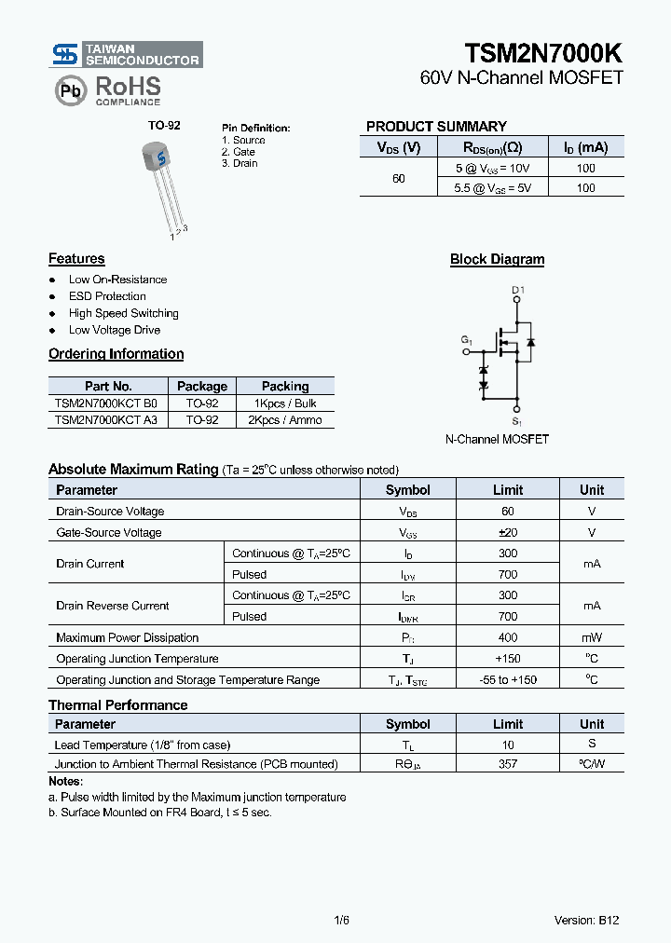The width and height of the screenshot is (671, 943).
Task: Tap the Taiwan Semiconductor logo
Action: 126,54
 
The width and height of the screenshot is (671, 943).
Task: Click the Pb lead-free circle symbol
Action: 69,90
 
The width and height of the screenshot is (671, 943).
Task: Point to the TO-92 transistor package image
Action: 159,183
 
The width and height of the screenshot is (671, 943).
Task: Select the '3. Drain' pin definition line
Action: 240,163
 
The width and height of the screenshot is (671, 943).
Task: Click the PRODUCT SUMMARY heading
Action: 436,126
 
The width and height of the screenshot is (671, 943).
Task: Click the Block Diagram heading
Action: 497,259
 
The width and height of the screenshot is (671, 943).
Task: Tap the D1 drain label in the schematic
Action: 518,290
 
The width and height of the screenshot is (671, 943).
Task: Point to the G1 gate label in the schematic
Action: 467,341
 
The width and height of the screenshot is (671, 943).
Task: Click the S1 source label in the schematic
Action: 518,422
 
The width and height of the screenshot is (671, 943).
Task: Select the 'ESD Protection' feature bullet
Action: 107,296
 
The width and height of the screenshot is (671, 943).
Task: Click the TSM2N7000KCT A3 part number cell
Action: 106,420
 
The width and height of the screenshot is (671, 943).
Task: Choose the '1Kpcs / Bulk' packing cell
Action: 284,403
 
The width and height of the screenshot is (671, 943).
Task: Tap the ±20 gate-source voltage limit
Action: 508,532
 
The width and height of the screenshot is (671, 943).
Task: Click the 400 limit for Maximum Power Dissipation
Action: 508,637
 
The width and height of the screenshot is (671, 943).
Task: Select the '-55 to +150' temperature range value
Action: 508,679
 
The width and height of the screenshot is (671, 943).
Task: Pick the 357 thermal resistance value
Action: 508,764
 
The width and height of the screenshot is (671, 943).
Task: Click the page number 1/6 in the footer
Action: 341,920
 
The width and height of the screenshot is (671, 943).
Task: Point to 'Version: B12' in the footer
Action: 586,920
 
